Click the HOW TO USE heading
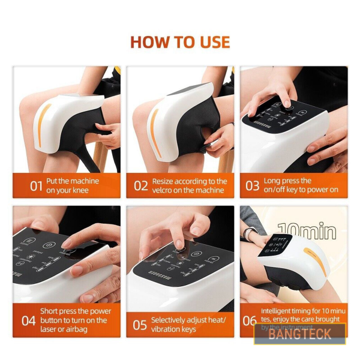click(x=180, y=42)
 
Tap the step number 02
click(x=140, y=185)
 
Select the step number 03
click(x=252, y=185)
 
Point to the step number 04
click(x=28, y=320)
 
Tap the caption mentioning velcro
click(x=190, y=185)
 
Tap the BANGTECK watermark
click(x=299, y=334)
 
